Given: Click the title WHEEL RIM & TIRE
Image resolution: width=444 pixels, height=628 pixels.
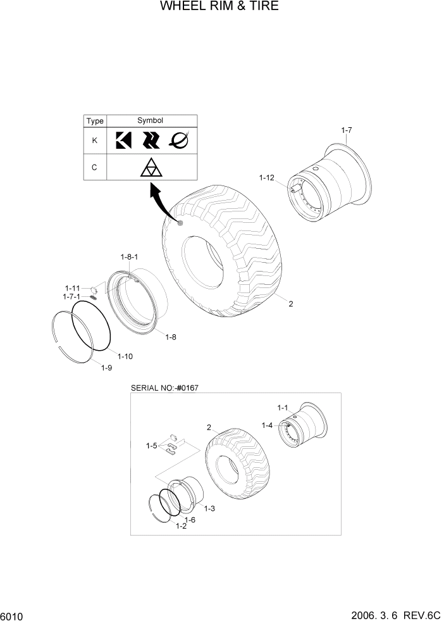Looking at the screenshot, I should (x=219, y=7).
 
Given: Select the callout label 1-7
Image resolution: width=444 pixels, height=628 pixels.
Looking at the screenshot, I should (x=346, y=130).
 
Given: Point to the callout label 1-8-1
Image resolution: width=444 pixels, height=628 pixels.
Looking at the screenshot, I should (x=129, y=256).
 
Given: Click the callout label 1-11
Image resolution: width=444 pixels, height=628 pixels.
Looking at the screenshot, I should (x=73, y=287).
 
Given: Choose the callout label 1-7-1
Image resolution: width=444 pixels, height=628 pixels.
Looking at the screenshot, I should (x=73, y=296).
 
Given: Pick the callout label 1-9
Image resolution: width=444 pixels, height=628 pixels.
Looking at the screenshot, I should (x=107, y=368).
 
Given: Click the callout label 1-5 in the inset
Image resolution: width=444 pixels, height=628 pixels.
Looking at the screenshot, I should (x=151, y=446).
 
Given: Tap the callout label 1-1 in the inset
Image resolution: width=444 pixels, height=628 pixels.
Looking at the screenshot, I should (x=282, y=407).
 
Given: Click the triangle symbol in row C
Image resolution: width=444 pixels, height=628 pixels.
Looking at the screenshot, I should (x=151, y=168).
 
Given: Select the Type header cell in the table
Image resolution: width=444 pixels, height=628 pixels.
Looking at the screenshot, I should (x=95, y=121).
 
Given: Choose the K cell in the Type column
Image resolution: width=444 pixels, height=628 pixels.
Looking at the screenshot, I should (x=95, y=141).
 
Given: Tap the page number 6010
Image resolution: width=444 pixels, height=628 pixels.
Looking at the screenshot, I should (x=12, y=616).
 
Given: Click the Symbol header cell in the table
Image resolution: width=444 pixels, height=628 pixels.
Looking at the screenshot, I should (x=151, y=121).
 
